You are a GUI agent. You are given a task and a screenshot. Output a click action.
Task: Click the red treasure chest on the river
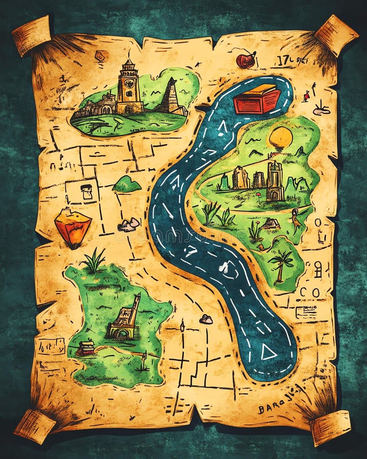257,99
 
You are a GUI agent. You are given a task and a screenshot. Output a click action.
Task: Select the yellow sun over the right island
281,138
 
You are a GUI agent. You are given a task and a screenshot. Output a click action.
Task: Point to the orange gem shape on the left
72,226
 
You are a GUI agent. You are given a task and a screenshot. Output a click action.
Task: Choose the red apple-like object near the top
246,60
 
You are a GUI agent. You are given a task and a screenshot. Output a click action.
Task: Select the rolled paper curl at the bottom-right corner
330,427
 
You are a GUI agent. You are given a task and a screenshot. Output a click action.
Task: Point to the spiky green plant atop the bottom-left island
94,261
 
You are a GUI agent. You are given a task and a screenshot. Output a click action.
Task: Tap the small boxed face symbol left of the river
87,191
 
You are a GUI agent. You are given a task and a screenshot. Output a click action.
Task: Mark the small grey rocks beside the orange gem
128,224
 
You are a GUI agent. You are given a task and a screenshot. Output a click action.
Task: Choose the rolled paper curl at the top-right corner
336,34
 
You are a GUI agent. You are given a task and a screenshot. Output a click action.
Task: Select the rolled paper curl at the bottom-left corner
34,426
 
